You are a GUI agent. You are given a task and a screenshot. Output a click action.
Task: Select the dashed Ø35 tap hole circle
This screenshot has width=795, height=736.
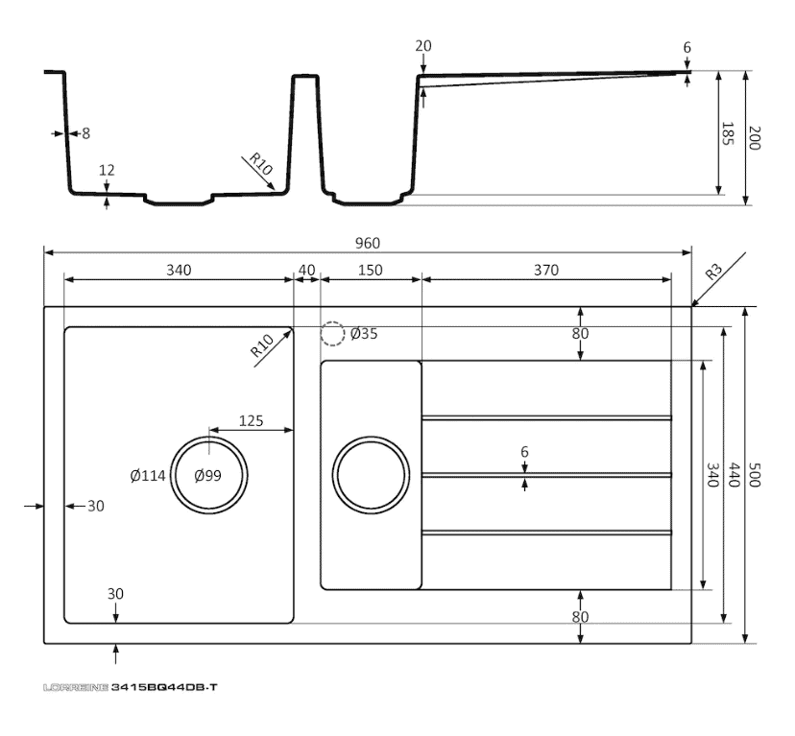(332, 334)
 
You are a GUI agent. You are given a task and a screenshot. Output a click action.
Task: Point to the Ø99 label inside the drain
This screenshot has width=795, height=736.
(208, 475)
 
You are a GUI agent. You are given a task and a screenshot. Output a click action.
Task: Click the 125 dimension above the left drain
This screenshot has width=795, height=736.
(251, 420)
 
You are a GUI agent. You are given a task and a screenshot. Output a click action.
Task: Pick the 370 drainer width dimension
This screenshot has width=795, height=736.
(545, 271)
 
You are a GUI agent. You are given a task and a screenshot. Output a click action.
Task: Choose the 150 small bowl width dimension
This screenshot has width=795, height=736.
(369, 271)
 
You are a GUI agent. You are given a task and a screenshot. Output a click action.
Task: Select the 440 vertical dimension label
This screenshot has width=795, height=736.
(735, 475)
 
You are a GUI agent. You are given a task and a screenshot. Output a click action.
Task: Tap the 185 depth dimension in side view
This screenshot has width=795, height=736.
(727, 134)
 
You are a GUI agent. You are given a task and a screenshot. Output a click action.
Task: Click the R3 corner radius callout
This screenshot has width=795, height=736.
(713, 272)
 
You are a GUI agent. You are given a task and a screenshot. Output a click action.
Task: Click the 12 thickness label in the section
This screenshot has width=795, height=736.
(107, 170)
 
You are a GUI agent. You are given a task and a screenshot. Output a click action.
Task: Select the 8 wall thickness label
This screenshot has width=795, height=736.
(85, 133)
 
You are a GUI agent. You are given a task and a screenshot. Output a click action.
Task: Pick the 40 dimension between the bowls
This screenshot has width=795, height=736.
(306, 271)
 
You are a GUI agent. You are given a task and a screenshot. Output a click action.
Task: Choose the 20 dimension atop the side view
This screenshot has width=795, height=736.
(423, 46)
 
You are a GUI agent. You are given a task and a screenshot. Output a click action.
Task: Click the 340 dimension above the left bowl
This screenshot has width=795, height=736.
(179, 271)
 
